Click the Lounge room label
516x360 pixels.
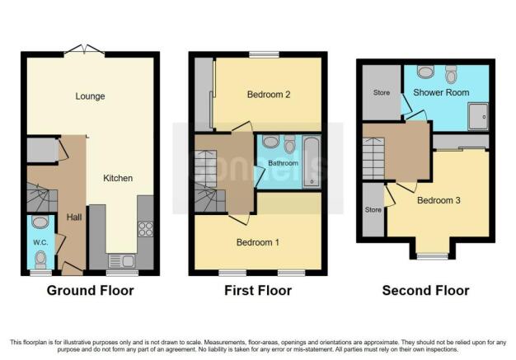click(x=90, y=96)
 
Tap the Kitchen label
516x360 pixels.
click(x=118, y=178)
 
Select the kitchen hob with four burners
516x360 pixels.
click(x=145, y=229)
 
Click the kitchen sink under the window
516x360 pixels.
click(x=121, y=261)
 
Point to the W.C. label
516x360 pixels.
click(x=40, y=243)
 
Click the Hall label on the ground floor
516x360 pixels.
click(x=74, y=217)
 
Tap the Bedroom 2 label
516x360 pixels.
click(x=269, y=95)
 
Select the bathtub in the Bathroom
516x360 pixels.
click(x=312, y=162)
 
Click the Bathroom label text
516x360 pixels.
click(x=283, y=163)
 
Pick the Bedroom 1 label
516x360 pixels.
click(x=258, y=243)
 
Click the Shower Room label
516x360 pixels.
click(x=441, y=93)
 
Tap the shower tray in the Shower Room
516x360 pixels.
click(x=478, y=116)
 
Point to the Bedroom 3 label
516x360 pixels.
click(x=439, y=200)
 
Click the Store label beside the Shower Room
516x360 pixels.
click(x=382, y=93)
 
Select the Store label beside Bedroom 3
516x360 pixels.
click(x=373, y=209)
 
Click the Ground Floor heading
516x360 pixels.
click(x=90, y=291)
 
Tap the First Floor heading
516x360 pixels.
click(x=258, y=291)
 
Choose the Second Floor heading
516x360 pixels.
click(x=425, y=291)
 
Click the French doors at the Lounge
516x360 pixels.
click(x=85, y=50)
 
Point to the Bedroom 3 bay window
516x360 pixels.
click(x=433, y=256)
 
